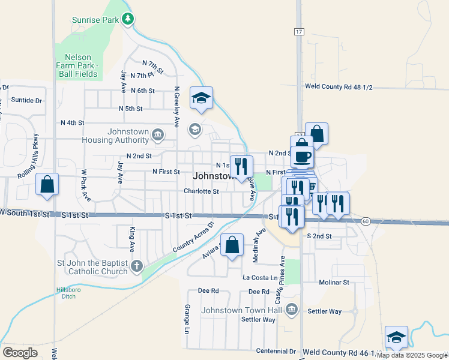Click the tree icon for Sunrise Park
[x=127, y=20]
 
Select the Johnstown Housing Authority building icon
[x=158, y=134]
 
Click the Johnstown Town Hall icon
[x=292, y=310]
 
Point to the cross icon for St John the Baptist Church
[x=137, y=266]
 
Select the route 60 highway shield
[x=366, y=221]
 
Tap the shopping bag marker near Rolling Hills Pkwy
[x=47, y=185]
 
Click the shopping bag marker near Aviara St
[x=232, y=245]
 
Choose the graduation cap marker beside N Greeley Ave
[x=202, y=98]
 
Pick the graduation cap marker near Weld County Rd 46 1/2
[x=396, y=337]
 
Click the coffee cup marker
[x=302, y=156]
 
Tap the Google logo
[x=20, y=352]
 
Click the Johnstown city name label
[x=213, y=176]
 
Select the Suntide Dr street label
[x=26, y=101]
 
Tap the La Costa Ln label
[x=260, y=278]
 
